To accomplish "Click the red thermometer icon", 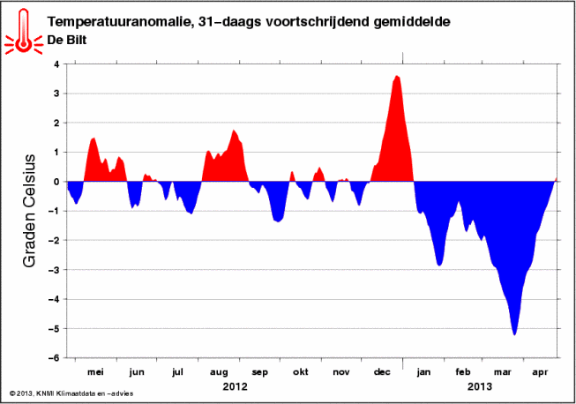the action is [x=24, y=32].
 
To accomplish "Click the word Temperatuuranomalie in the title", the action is [x=118, y=22].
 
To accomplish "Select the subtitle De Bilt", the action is [x=67, y=40].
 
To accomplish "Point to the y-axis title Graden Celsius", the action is [x=29, y=211].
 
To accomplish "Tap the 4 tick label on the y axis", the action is [x=56, y=64].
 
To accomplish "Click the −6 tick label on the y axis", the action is [x=53, y=358].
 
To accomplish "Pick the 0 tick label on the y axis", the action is [x=56, y=182].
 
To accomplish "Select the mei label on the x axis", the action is [x=95, y=372].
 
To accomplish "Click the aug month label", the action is [x=219, y=373].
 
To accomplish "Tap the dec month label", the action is [x=382, y=372].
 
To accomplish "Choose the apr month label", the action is [x=540, y=373].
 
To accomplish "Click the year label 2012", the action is [x=236, y=386].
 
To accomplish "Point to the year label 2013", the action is [x=479, y=386].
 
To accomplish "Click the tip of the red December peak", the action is [x=396, y=76].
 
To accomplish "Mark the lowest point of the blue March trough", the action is [x=514, y=335].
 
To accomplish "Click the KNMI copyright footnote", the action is [x=71, y=393].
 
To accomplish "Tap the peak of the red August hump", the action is [x=233, y=130].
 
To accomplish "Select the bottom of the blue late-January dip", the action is [x=439, y=266].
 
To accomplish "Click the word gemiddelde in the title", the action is [x=412, y=22].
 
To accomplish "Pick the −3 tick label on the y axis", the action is [x=53, y=270].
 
